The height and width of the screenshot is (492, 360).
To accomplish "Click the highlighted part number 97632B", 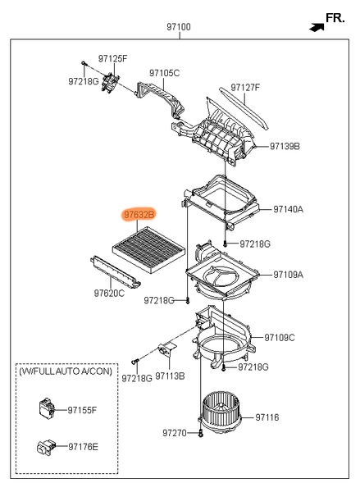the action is (x=139, y=215).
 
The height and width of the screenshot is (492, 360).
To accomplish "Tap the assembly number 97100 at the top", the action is (x=179, y=27).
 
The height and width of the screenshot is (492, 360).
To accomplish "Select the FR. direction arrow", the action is (x=317, y=27).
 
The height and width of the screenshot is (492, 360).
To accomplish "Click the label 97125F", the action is (x=112, y=59).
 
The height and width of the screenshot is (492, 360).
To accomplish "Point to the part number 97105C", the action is (x=165, y=73).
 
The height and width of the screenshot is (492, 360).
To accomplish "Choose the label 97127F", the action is (x=245, y=87).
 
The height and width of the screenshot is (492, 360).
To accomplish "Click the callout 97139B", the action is (x=285, y=146).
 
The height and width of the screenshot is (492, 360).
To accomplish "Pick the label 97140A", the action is (x=288, y=209).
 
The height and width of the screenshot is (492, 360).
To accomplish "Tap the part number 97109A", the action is (x=288, y=275).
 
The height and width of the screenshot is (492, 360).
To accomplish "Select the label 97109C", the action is (x=280, y=338).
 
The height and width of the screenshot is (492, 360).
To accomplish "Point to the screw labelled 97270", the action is (x=201, y=435).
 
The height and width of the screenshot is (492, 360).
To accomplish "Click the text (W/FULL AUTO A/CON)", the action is (x=66, y=371).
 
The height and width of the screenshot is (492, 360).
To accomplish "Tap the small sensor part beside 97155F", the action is (x=47, y=408).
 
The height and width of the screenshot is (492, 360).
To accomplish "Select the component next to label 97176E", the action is (x=46, y=447).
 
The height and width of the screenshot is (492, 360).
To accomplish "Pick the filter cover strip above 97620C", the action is (x=115, y=271).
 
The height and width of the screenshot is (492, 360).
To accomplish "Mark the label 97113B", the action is (x=170, y=376).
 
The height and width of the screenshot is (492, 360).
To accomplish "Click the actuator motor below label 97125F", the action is (x=111, y=82).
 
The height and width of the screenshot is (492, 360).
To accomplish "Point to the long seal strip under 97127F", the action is (x=244, y=108).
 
